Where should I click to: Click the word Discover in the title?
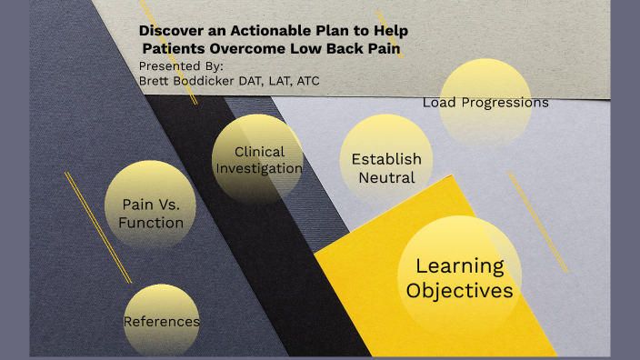pos(167,30)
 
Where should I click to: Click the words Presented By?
pos(181,65)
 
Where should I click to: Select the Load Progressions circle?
pos(485,102)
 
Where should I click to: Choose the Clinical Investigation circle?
pos(258,160)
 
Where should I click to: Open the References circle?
pos(161,321)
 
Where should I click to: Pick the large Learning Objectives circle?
pos(459,277)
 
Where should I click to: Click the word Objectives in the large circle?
pos(459,291)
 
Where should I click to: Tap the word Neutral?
pos(386,177)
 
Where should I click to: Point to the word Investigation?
pos(259,168)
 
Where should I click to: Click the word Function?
pos(150,223)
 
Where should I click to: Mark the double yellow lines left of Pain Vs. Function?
pos(98,227)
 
